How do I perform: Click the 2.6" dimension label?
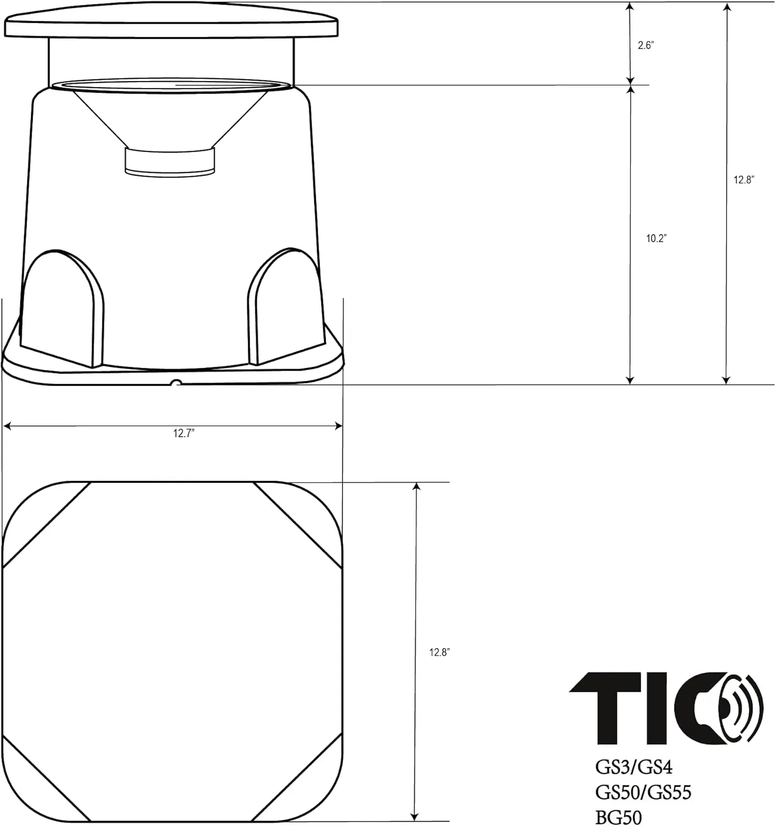tap(646, 45)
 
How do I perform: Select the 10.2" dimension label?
tap(656, 238)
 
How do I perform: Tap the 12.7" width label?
tap(184, 433)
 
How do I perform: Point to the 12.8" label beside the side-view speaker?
tap(744, 180)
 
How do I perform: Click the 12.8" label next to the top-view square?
tap(440, 652)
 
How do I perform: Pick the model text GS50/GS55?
tap(643, 793)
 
